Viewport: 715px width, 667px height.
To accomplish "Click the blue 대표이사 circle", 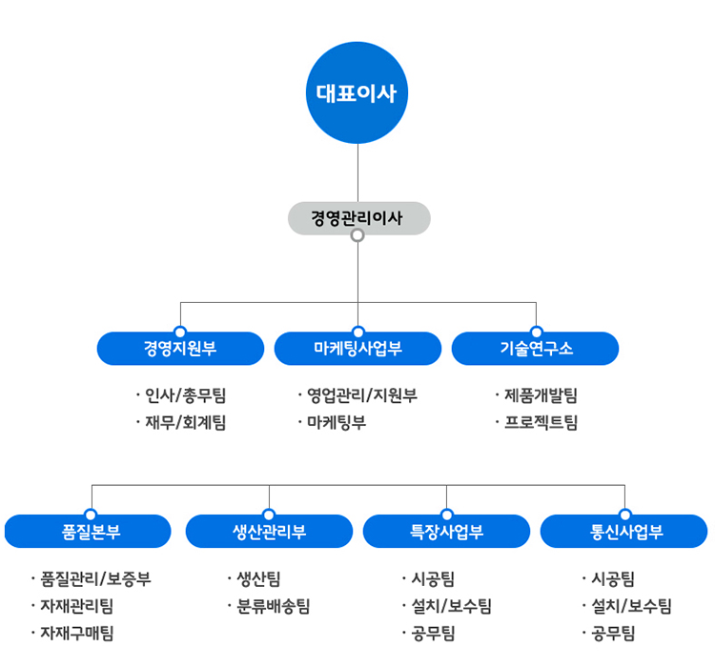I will pos(357,92).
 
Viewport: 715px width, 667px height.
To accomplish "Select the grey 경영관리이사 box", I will pos(358,218).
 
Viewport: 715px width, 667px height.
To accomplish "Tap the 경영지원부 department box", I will pos(180,349).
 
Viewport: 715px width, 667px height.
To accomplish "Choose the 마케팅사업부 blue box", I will pos(357,349).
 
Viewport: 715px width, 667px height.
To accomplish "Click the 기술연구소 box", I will pos(536,349).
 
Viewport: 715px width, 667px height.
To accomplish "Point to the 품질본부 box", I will pos(89,532).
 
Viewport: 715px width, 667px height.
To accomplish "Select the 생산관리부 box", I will pos(269,532).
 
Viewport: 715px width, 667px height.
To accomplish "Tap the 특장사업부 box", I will pos(446,532).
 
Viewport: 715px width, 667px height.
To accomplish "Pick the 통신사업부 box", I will pos(624,532).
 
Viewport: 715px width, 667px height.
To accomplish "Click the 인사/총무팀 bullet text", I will pos(185,395).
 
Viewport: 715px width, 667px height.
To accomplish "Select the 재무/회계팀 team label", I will pos(185,422).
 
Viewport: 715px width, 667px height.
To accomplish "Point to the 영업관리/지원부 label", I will pos(361,395).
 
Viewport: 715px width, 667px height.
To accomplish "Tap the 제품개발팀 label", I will pos(541,395).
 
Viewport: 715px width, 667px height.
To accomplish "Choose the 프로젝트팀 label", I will pos(541,422).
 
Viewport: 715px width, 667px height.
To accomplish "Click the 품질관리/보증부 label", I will pos(95,578).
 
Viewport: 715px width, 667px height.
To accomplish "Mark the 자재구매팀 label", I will pos(76,633).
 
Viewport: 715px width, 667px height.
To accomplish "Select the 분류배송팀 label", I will pos(273,606).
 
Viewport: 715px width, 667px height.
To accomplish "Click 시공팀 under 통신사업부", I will pos(613,578).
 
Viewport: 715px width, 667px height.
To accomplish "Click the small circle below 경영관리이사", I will pos(357,235).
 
